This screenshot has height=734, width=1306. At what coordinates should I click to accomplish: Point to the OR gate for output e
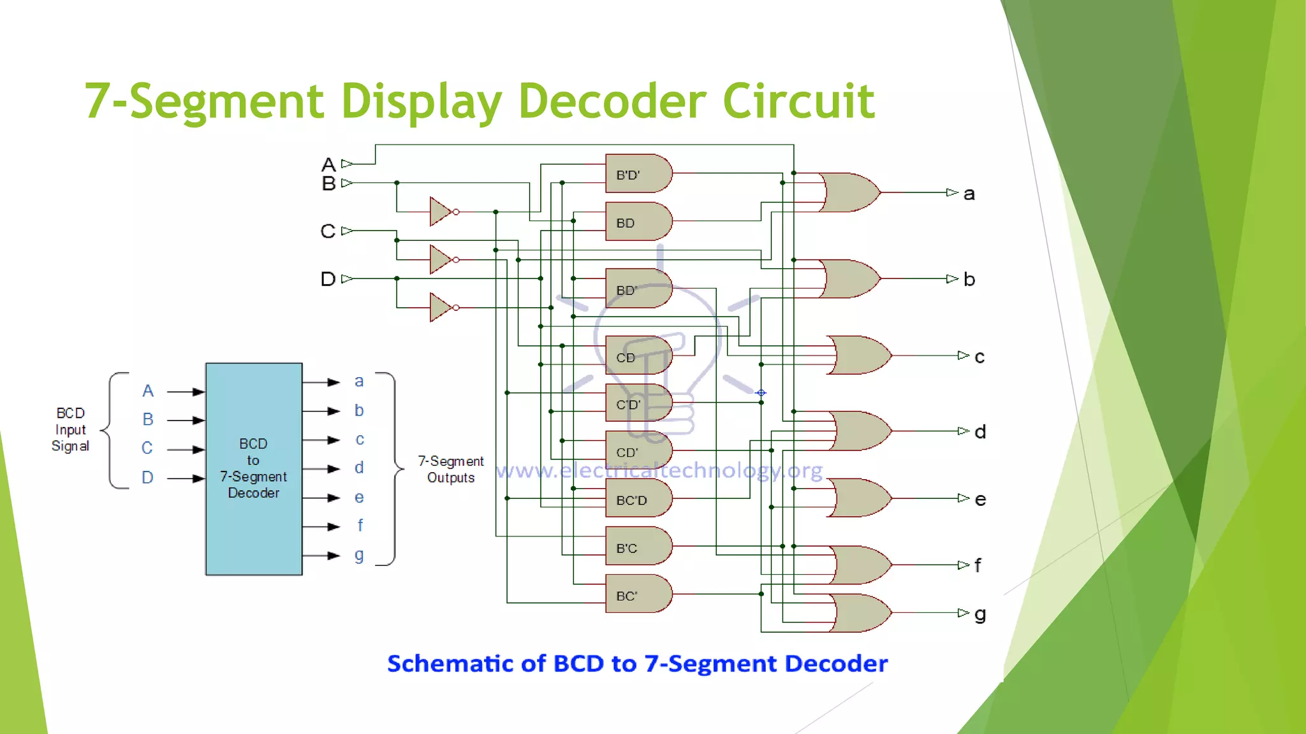pyautogui.click(x=861, y=498)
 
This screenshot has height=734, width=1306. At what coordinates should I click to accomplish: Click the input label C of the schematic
pyautogui.click(x=328, y=231)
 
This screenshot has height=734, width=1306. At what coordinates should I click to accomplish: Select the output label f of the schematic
pyautogui.click(x=978, y=565)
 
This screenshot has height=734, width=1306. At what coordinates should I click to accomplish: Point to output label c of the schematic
pyautogui.click(x=979, y=357)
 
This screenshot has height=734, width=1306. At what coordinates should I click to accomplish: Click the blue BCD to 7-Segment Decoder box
pyautogui.click(x=254, y=469)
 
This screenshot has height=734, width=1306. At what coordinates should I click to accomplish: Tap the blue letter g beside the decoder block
pyautogui.click(x=359, y=555)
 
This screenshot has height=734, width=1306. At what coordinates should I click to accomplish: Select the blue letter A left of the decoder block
pyautogui.click(x=148, y=391)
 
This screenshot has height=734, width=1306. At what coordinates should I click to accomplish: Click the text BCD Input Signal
pyautogui.click(x=70, y=429)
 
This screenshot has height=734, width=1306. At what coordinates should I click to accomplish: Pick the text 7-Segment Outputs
pyautogui.click(x=450, y=469)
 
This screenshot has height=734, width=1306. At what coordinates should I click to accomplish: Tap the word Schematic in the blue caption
pyautogui.click(x=466, y=663)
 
